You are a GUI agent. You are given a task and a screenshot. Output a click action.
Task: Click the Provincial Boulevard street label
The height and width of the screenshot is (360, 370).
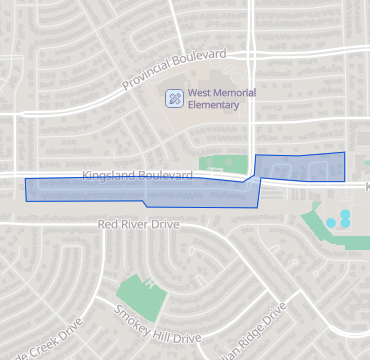pos(174,69)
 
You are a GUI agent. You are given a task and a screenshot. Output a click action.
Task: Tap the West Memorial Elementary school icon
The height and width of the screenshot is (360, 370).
pos(175,98)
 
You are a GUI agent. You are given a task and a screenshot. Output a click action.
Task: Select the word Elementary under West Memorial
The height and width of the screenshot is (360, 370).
pos(214,105)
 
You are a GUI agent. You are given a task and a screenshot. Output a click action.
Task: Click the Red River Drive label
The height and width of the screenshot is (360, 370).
pos(138,225)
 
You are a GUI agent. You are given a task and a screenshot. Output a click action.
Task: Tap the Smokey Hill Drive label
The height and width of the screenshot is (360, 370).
pos(157,323)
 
